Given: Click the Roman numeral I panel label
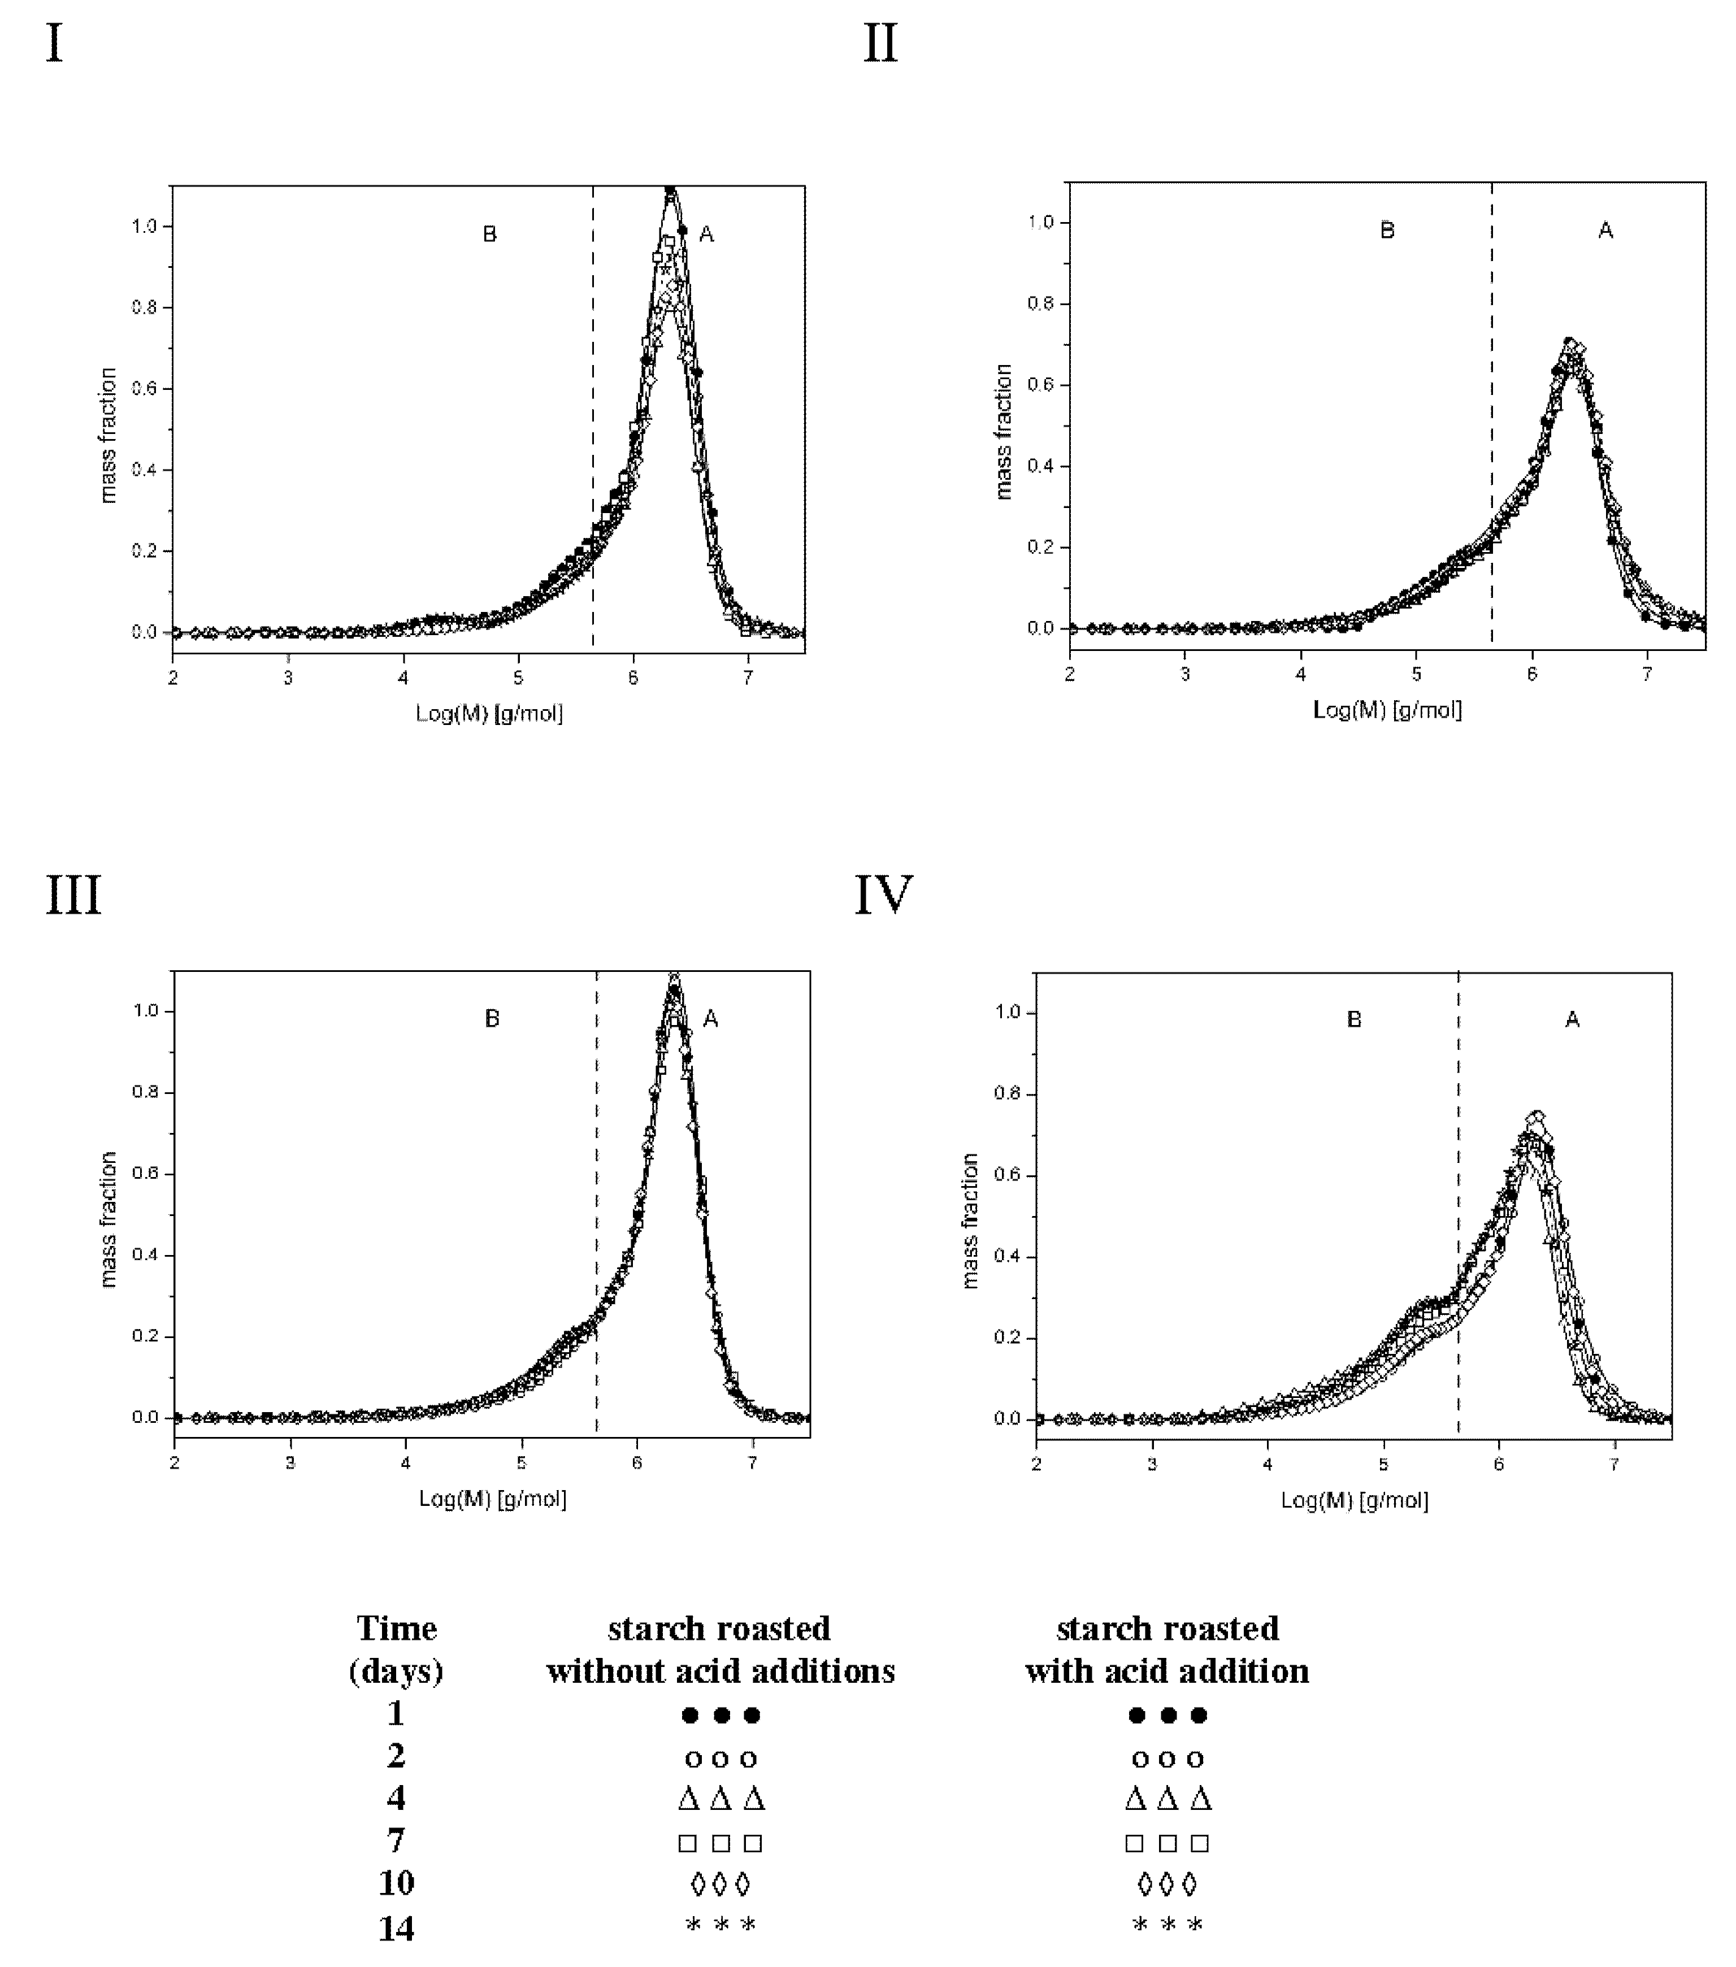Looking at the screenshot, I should (x=55, y=44).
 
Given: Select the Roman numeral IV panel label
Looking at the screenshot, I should (x=883, y=896).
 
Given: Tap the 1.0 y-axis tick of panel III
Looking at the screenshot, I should (x=146, y=1011).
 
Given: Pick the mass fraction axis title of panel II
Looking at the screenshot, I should (x=1004, y=431).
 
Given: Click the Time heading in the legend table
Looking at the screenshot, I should (x=397, y=1629).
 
